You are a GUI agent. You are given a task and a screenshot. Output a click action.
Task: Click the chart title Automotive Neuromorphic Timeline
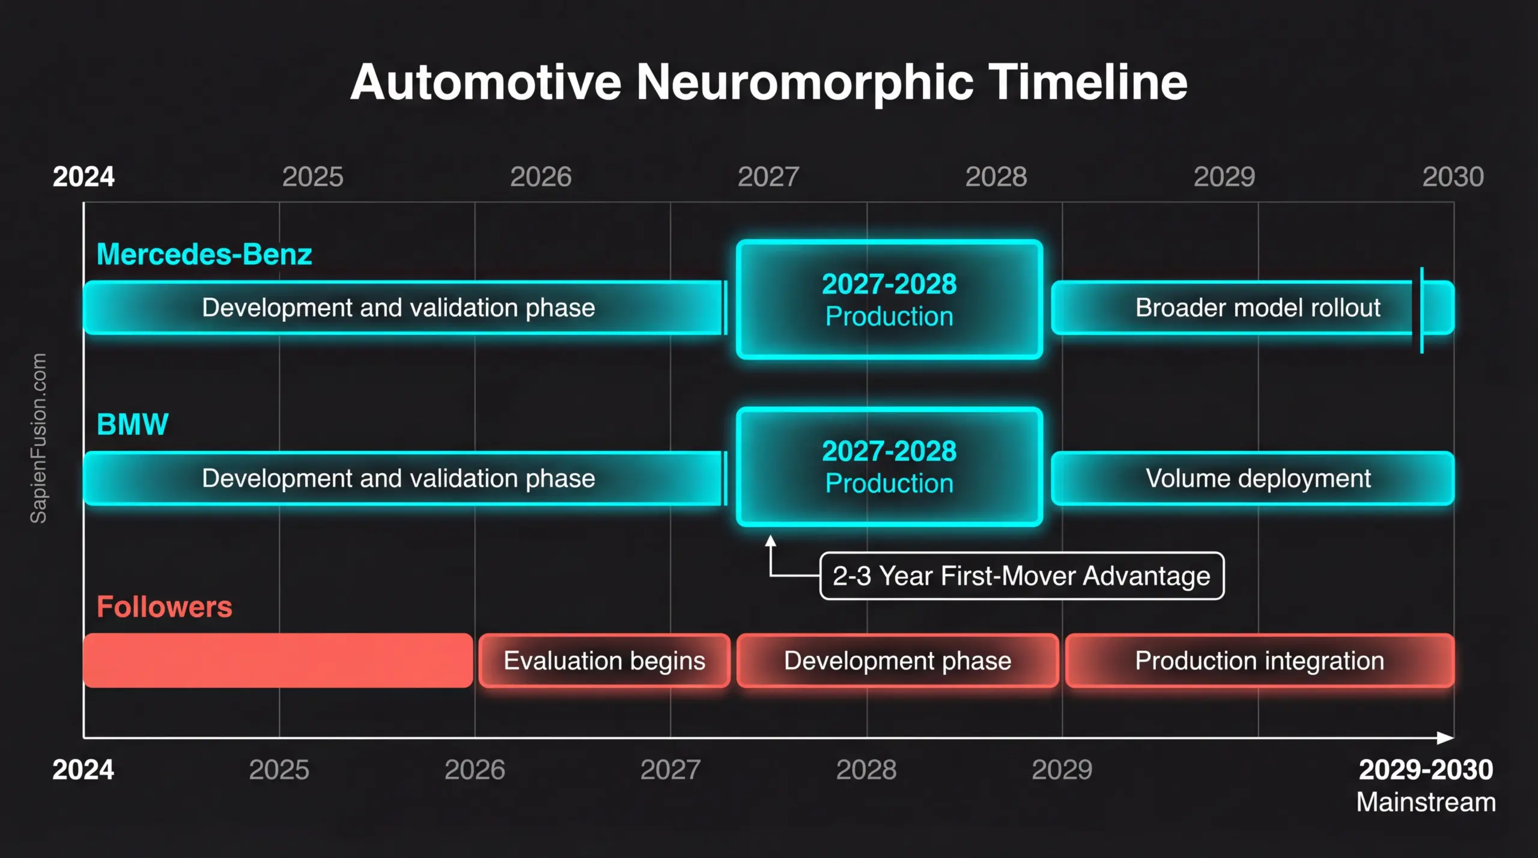pyautogui.click(x=769, y=82)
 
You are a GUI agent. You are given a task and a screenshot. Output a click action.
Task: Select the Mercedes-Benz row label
pyautogui.click(x=204, y=255)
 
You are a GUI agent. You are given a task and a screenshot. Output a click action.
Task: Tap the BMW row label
pyautogui.click(x=133, y=424)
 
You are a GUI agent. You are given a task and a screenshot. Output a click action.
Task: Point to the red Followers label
pyautogui.click(x=165, y=607)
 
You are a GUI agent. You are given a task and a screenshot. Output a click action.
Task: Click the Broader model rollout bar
pyautogui.click(x=1253, y=307)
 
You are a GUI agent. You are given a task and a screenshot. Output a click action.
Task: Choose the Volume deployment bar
pyautogui.click(x=1253, y=479)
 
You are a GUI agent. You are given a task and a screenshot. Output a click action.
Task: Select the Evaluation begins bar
pyautogui.click(x=604, y=660)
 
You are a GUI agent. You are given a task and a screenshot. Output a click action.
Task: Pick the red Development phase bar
pyautogui.click(x=898, y=660)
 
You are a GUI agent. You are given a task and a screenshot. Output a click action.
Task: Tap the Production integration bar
pyautogui.click(x=1260, y=660)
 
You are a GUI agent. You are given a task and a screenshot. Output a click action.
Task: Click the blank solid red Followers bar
pyautogui.click(x=278, y=660)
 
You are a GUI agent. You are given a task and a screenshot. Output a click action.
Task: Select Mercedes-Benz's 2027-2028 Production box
pyautogui.click(x=890, y=300)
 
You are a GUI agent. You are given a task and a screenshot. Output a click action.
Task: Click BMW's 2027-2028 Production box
pyautogui.click(x=890, y=467)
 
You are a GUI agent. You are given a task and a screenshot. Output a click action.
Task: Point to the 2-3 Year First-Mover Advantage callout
pyautogui.click(x=1022, y=576)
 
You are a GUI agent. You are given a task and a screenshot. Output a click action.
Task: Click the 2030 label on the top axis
pyautogui.click(x=1453, y=177)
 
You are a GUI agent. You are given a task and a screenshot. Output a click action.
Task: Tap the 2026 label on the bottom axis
pyautogui.click(x=475, y=770)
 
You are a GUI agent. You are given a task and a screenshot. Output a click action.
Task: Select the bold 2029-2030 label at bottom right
pyautogui.click(x=1426, y=770)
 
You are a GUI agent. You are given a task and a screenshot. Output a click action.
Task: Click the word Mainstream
pyautogui.click(x=1426, y=803)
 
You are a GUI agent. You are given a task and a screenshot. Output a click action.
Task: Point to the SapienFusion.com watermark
pyautogui.click(x=38, y=438)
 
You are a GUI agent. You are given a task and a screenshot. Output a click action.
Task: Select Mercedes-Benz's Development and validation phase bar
pyautogui.click(x=404, y=307)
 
